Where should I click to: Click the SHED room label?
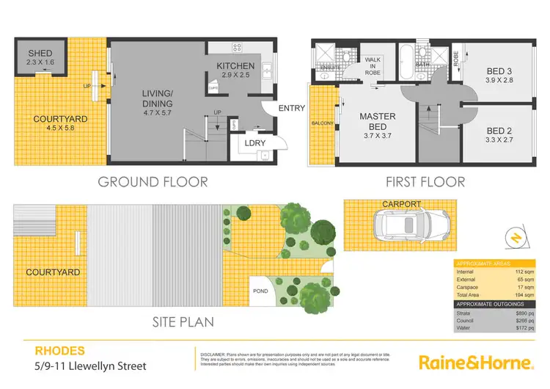click(x=40, y=54)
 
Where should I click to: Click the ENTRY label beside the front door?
click(x=292, y=109)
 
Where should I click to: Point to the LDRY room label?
click(x=255, y=142)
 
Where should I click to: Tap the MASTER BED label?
click(x=378, y=122)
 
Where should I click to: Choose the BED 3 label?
click(x=502, y=71)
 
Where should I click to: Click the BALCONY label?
click(x=323, y=123)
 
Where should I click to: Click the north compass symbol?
click(x=513, y=237)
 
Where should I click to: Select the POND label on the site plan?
click(x=260, y=289)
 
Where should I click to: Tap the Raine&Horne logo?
click(x=474, y=362)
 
